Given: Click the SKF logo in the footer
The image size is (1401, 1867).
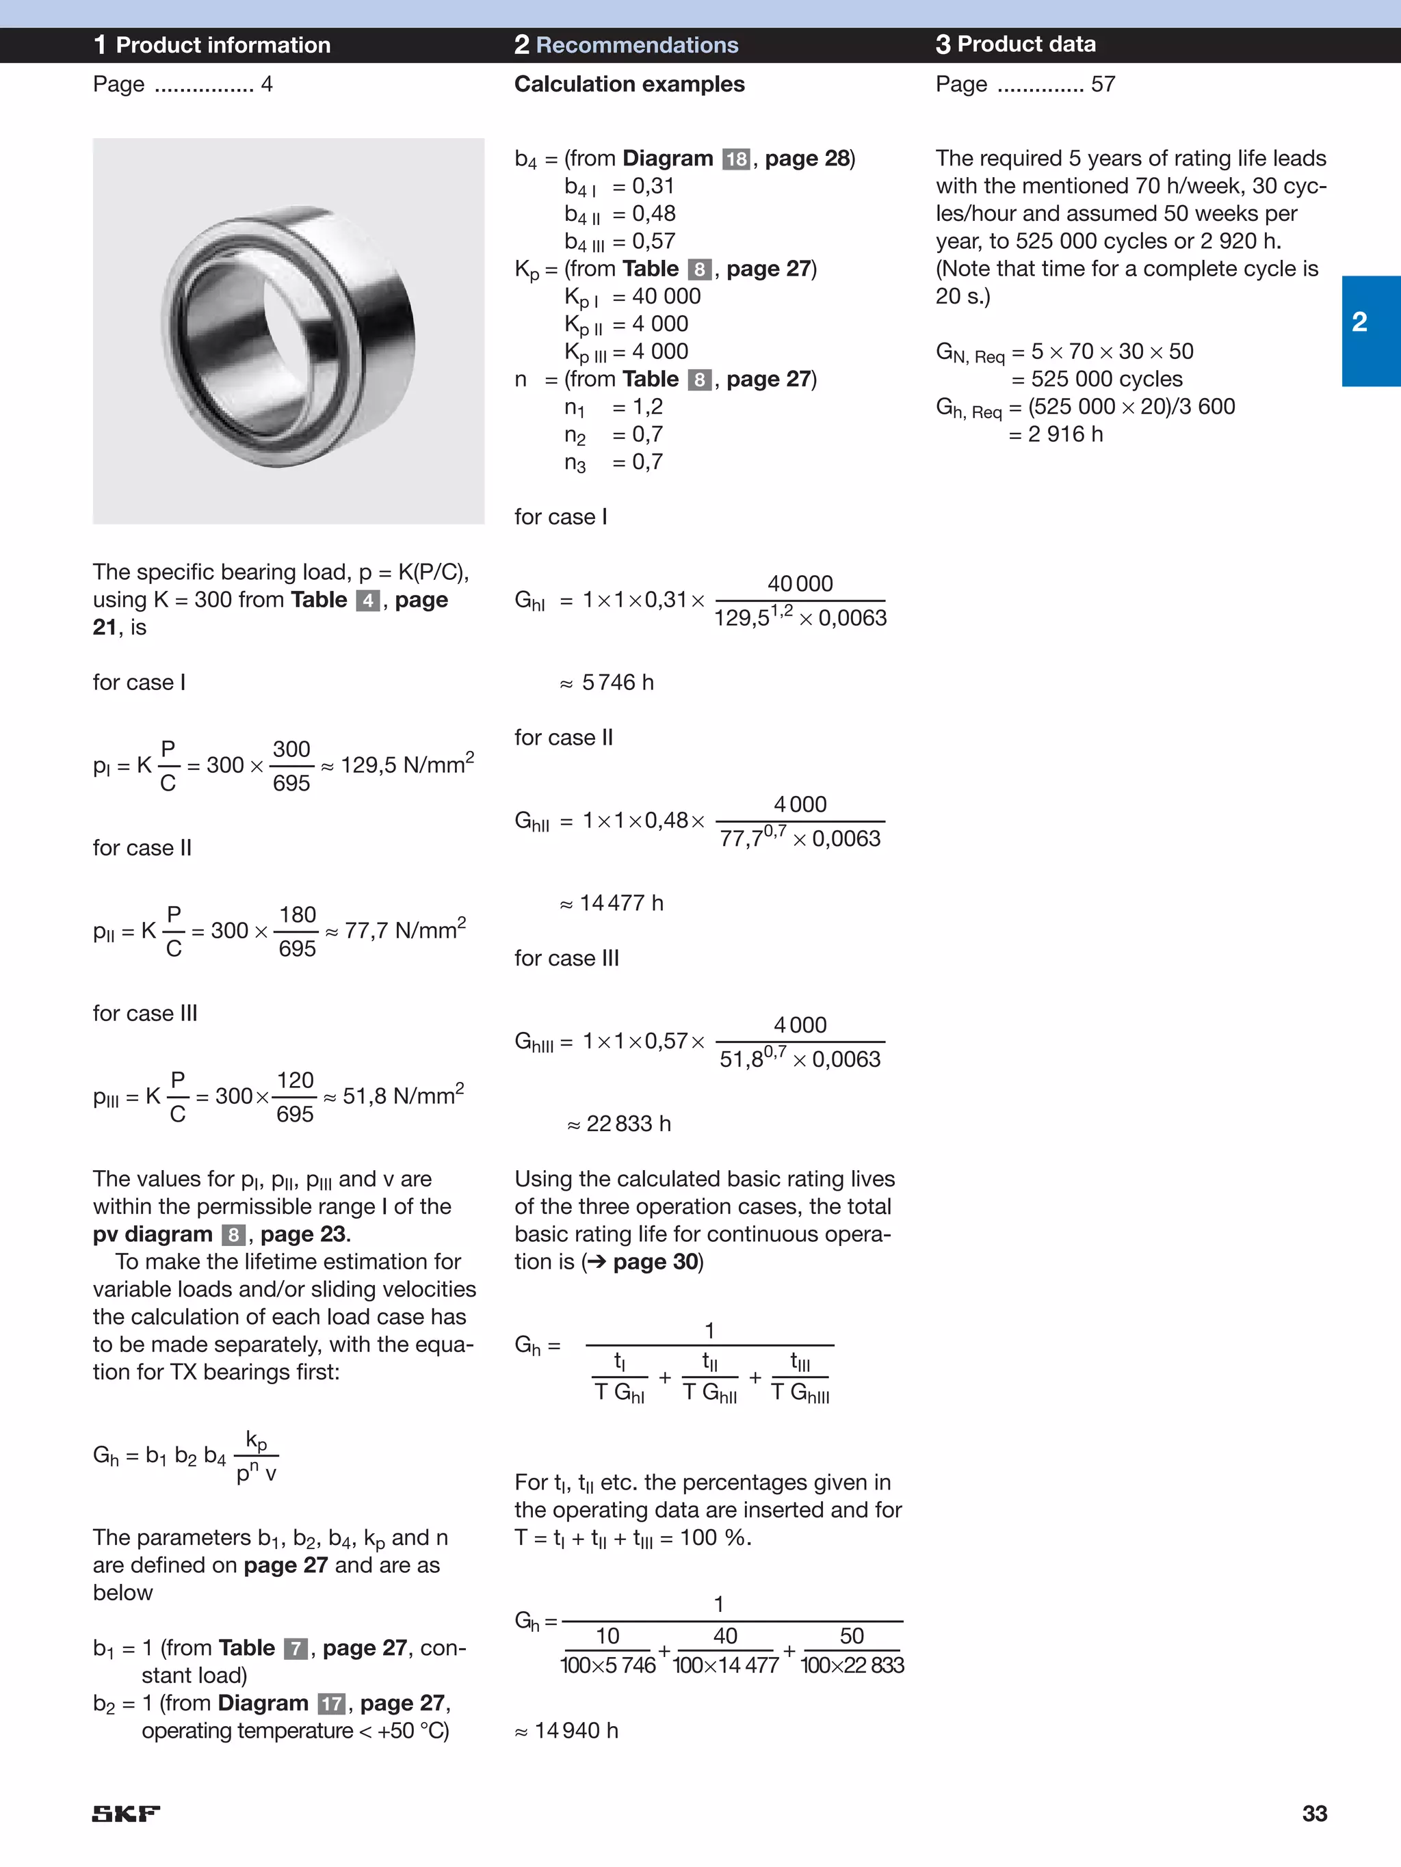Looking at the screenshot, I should (x=126, y=1813).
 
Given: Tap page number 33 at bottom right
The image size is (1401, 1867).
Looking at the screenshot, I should (x=1314, y=1813).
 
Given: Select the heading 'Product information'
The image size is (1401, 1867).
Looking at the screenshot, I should (x=222, y=44).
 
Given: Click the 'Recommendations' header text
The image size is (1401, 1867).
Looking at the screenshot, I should (x=637, y=44).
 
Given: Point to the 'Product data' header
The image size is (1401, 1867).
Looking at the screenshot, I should (x=1026, y=44).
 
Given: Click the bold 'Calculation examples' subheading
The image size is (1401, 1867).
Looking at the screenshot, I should (x=629, y=83).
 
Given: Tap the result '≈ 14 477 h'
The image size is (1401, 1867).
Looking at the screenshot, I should (x=612, y=903).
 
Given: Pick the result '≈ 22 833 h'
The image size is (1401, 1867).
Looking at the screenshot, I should (x=619, y=1124).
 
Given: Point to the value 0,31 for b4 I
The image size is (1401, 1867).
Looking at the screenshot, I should (x=653, y=186).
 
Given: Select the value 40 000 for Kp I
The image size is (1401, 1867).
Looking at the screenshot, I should (x=666, y=296).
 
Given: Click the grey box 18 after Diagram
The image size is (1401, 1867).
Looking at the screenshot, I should (x=736, y=159).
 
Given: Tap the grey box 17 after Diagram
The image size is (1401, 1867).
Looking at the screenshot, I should (x=332, y=1704).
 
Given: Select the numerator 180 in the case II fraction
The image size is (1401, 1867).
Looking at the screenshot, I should (x=298, y=914).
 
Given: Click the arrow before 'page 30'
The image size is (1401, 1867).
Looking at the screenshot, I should (x=597, y=1262).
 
